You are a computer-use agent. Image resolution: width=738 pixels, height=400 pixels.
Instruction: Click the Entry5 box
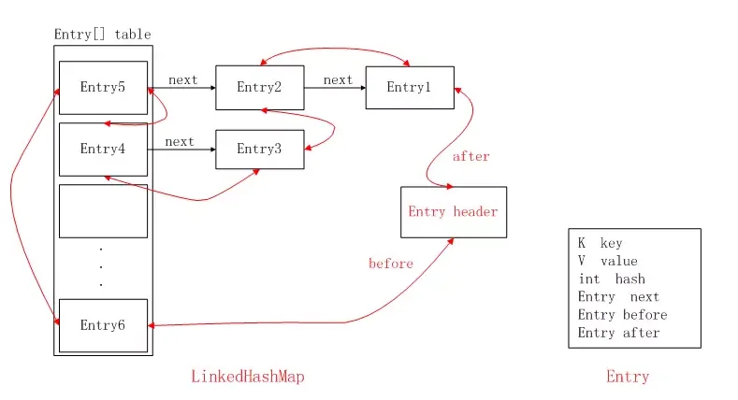pyautogui.click(x=103, y=88)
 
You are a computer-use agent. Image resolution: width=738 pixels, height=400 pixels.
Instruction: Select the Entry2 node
pyautogui.click(x=259, y=88)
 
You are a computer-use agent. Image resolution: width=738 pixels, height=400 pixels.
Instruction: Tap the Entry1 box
pyautogui.click(x=409, y=88)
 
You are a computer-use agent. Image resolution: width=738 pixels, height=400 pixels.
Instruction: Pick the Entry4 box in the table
pyautogui.click(x=103, y=149)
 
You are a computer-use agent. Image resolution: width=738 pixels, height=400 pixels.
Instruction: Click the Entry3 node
pyautogui.click(x=259, y=149)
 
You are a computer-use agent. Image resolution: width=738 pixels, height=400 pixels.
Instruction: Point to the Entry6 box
pyautogui.click(x=103, y=325)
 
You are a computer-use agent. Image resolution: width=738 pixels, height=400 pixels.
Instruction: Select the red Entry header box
pyautogui.click(x=453, y=211)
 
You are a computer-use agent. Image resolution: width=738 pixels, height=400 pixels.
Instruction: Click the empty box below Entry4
pyautogui.click(x=103, y=211)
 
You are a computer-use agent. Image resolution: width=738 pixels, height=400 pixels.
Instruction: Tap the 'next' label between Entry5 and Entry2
pyautogui.click(x=182, y=79)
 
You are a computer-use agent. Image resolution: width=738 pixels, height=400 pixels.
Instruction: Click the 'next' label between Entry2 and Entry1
pyautogui.click(x=338, y=79)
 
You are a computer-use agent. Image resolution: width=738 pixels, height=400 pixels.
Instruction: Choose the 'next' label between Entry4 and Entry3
pyautogui.click(x=179, y=141)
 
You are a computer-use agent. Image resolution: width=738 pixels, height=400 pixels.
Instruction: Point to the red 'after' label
pyautogui.click(x=470, y=156)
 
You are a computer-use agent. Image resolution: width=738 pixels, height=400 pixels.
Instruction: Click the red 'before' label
pyautogui.click(x=391, y=264)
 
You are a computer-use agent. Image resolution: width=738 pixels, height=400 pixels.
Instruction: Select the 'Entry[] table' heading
pyautogui.click(x=102, y=35)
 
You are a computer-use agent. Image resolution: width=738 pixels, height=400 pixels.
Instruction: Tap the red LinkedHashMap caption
pyautogui.click(x=248, y=377)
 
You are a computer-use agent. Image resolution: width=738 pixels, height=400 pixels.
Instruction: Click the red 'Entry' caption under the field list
pyautogui.click(x=627, y=377)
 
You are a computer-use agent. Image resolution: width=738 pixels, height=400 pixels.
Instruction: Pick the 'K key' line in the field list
pyautogui.click(x=600, y=243)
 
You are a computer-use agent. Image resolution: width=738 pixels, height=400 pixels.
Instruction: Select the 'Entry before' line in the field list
pyautogui.click(x=622, y=315)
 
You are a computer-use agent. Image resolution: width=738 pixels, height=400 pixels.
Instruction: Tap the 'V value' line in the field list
pyautogui.click(x=607, y=261)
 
